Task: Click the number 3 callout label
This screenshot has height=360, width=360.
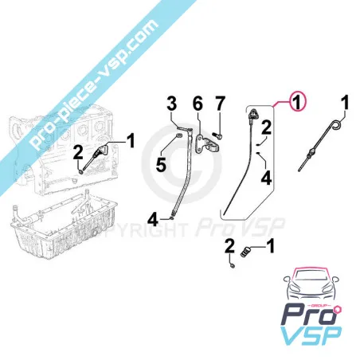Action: pos(170,103)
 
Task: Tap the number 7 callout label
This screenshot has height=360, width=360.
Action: pos(221,102)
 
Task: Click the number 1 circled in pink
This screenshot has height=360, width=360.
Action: pos(295,102)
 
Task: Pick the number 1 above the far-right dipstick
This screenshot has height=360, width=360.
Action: pos(345,102)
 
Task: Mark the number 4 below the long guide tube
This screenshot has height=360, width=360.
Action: pos(151,216)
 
